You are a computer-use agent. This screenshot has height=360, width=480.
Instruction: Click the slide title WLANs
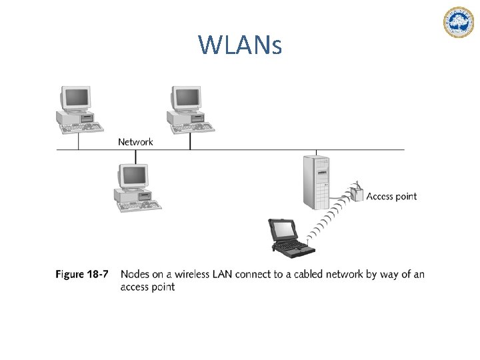pos(240,45)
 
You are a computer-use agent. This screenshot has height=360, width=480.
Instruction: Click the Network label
pos(135,141)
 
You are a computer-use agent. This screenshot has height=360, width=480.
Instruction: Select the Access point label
pos(391,196)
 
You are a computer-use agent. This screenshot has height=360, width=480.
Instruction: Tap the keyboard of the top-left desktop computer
pos(81,127)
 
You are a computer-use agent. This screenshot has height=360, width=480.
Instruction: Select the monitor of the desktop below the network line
pos(133,175)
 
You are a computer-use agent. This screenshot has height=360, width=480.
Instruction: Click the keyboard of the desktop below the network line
pos(139,205)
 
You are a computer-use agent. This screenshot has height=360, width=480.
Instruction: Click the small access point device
pos(358,192)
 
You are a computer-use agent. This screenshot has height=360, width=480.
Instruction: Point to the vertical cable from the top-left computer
pos(79,141)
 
